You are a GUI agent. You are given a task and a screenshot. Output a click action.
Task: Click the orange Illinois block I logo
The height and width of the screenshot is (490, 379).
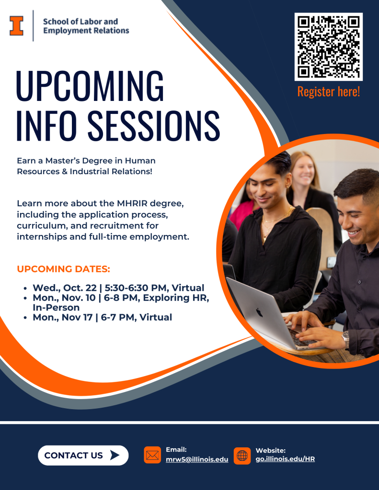click(x=16, y=26)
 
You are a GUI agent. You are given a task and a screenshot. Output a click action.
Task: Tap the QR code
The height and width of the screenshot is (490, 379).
click(x=329, y=46)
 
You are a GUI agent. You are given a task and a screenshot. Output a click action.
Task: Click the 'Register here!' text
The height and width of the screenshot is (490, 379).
click(x=329, y=91)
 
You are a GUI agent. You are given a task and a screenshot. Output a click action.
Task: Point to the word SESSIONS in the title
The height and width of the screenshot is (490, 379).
click(x=154, y=126)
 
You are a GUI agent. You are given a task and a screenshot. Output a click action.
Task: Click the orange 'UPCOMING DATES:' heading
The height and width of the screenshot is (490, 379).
click(x=64, y=269)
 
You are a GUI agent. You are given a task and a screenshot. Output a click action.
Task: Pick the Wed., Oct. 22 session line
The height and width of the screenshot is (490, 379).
click(x=118, y=288)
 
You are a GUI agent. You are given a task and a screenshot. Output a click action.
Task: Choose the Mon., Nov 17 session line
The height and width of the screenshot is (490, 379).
click(x=103, y=317)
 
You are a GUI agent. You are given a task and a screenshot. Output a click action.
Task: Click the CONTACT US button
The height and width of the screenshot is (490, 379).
click(x=83, y=456)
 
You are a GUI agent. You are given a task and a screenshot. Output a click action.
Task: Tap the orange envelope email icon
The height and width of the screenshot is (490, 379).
click(x=152, y=455)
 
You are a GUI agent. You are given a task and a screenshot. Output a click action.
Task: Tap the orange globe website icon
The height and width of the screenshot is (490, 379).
click(x=242, y=456)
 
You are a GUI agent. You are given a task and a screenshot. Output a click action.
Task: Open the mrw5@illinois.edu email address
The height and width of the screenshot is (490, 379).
click(x=197, y=459)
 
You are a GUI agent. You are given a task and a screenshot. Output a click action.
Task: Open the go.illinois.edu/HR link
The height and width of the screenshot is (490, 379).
click(x=285, y=459)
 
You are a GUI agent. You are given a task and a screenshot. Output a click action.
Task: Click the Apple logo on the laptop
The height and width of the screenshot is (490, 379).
click(x=259, y=312)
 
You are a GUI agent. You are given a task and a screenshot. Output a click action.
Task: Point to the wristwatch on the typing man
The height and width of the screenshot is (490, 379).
click(x=346, y=340)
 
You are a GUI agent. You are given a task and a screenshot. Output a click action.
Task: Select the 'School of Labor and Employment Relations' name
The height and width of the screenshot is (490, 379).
click(x=86, y=26)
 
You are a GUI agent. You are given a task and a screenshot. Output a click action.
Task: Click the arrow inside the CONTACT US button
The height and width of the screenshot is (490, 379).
click(x=115, y=456)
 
